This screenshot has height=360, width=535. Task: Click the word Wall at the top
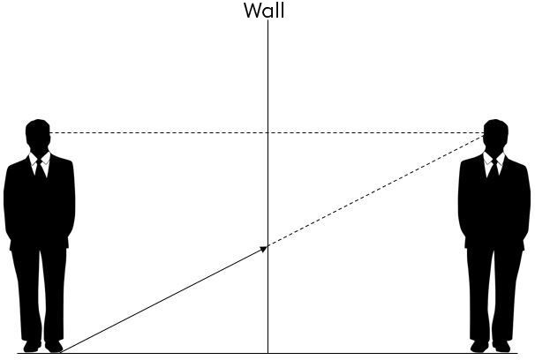(x=264, y=11)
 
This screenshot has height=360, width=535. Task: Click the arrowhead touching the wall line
(x=264, y=249)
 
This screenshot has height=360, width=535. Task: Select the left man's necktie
(x=41, y=169)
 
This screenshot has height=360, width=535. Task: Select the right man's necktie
(x=494, y=169)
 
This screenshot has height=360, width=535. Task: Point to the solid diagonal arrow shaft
(x=163, y=300)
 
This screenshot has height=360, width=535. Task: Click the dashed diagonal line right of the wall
(x=376, y=191)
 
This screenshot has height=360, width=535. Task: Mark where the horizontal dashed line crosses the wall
(x=268, y=132)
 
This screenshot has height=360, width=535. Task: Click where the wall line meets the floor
(x=268, y=353)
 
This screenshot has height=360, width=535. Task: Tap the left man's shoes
(x=43, y=346)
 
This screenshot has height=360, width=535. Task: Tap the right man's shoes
(x=490, y=346)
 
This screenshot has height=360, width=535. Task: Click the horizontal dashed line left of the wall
(x=159, y=132)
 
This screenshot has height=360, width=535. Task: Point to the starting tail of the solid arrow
(x=62, y=352)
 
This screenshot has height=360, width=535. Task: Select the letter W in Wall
(x=252, y=11)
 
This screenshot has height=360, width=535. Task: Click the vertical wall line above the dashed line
(x=268, y=77)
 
